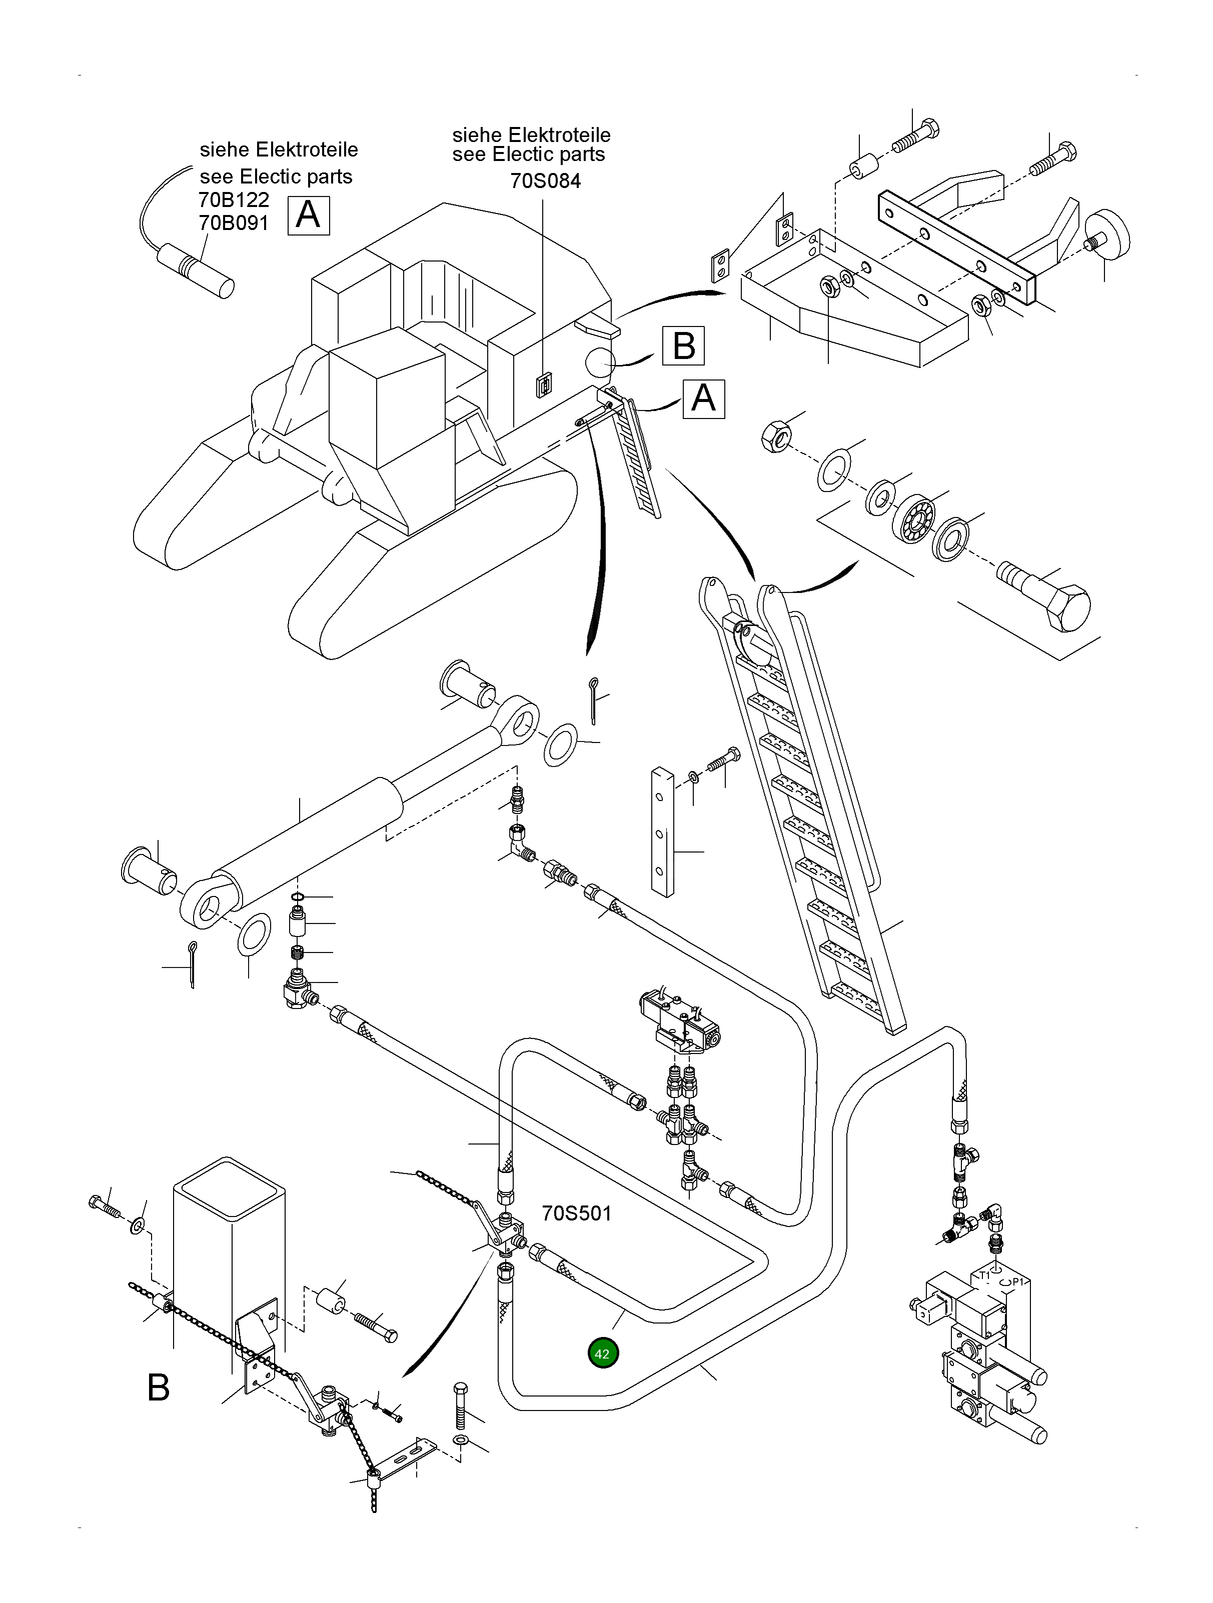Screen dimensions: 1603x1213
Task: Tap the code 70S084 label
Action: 545,180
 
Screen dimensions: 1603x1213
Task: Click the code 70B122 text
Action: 234,199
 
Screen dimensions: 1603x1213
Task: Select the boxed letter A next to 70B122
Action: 308,215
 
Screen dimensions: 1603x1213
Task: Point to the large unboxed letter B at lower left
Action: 158,1388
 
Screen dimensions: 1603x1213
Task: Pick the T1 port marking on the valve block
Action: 984,1274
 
